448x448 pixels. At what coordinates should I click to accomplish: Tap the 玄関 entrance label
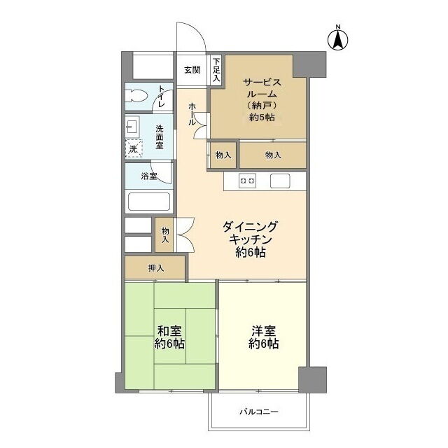point(192,70)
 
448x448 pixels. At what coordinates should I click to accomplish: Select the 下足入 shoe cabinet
point(216,70)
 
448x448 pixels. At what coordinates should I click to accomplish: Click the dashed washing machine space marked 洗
point(134,148)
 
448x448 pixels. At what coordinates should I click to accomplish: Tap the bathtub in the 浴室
point(149,202)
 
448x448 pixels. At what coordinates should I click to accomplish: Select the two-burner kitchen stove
point(247,181)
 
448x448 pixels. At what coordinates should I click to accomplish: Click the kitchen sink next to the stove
point(280,181)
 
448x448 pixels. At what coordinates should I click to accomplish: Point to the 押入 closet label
point(156,268)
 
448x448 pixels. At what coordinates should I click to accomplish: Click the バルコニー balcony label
point(259,412)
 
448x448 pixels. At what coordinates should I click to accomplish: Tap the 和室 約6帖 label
point(169,337)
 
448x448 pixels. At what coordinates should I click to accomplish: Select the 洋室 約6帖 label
point(263,337)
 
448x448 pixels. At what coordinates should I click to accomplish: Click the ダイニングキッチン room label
point(251,239)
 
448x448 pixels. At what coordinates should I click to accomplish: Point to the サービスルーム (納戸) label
point(262,99)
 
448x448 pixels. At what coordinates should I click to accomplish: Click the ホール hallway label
point(192,114)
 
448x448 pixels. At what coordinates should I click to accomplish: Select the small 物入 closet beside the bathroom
point(164,235)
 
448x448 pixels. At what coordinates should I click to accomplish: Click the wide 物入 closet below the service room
point(272,155)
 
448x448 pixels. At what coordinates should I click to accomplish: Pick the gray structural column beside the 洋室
point(313,379)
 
